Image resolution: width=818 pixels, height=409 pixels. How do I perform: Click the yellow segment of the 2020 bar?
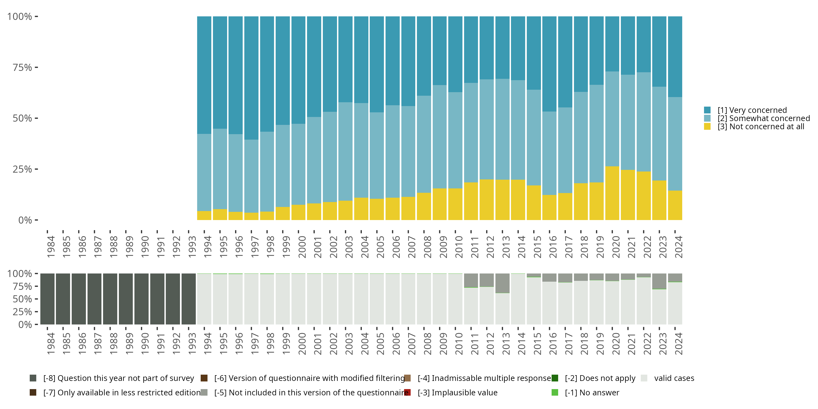click(x=612, y=193)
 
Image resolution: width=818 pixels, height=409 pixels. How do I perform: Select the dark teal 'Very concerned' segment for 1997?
click(x=251, y=78)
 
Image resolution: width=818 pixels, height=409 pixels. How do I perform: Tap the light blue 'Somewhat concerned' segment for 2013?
click(x=502, y=129)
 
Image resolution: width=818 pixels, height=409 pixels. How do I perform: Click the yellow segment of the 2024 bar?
click(x=675, y=205)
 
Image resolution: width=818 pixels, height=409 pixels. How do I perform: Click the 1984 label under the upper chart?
click(x=51, y=247)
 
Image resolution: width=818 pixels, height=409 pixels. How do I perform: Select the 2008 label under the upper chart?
click(x=428, y=247)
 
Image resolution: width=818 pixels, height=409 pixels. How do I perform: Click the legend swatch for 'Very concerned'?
click(x=707, y=110)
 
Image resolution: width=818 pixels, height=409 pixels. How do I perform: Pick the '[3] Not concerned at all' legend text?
click(x=760, y=127)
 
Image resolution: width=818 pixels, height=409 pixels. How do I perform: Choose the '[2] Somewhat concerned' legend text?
click(x=763, y=118)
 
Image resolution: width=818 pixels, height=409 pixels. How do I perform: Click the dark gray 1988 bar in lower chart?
click(x=110, y=299)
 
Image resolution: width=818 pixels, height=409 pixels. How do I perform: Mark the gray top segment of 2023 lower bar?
click(x=659, y=281)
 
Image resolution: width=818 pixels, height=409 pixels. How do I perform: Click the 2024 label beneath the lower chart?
click(x=678, y=344)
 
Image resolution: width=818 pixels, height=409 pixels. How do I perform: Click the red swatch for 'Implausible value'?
click(x=407, y=392)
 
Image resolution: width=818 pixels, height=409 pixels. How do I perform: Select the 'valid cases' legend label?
click(x=674, y=378)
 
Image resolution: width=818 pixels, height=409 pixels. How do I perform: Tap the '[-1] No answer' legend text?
click(x=592, y=392)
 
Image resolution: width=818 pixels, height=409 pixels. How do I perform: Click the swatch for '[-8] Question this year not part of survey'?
click(x=33, y=378)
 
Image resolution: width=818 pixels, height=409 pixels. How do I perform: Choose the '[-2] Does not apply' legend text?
click(x=600, y=378)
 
